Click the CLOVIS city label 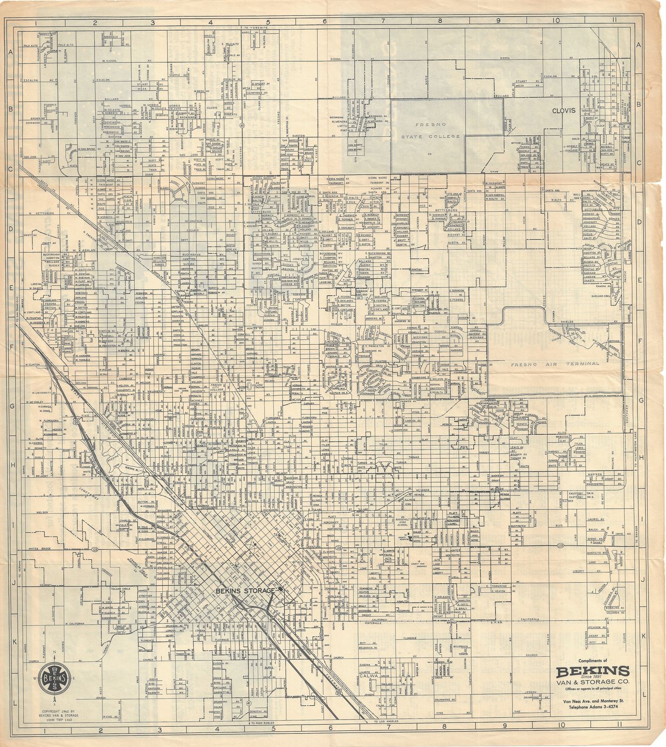[562, 111]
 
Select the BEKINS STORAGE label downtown [245, 590]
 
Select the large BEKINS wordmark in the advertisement [592, 670]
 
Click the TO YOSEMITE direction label [256, 27]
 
